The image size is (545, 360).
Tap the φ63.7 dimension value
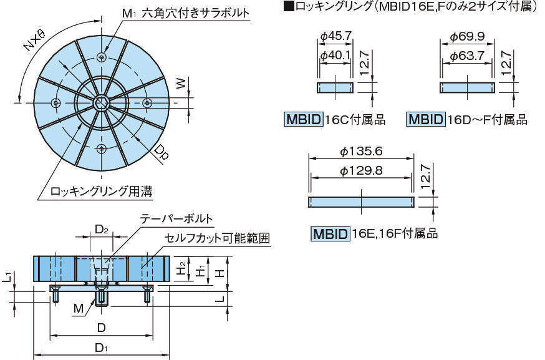click(x=468, y=56)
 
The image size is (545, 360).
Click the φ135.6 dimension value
click(x=361, y=152)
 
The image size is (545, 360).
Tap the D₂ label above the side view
click(x=102, y=230)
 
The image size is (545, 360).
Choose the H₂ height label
click(x=180, y=269)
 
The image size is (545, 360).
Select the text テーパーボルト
click(x=176, y=220)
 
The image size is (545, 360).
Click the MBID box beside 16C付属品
click(x=304, y=119)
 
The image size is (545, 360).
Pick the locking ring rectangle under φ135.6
click(x=361, y=202)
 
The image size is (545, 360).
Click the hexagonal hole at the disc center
click(x=102, y=102)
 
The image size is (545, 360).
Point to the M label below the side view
click(x=78, y=308)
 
